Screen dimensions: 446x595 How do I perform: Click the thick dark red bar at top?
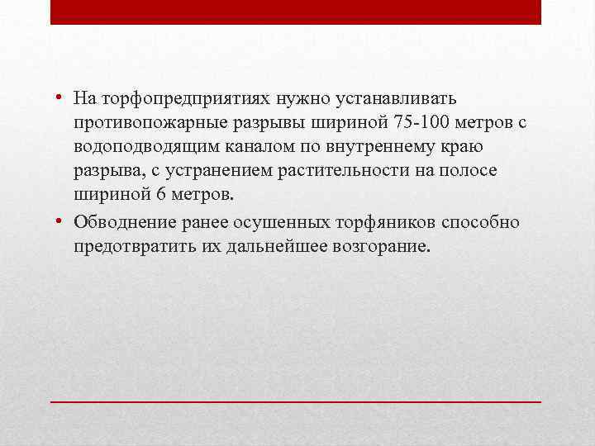tap(296, 12)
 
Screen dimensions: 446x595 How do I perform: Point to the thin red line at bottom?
tap(296, 401)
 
